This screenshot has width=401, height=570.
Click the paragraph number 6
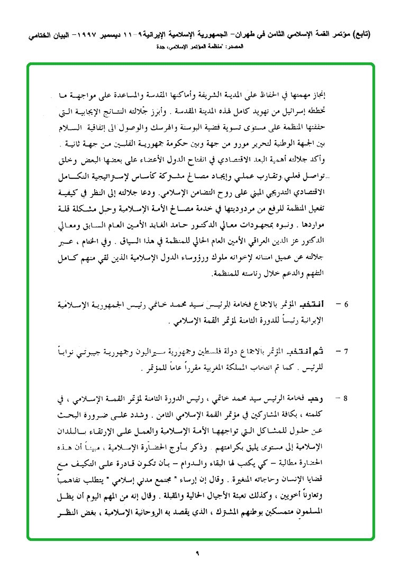pos(346,305)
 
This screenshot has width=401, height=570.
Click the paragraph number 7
pos(346,352)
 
